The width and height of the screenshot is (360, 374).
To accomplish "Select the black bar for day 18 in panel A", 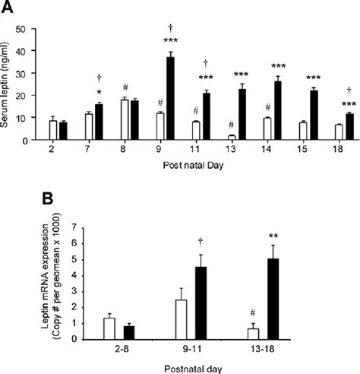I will point(349,127).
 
